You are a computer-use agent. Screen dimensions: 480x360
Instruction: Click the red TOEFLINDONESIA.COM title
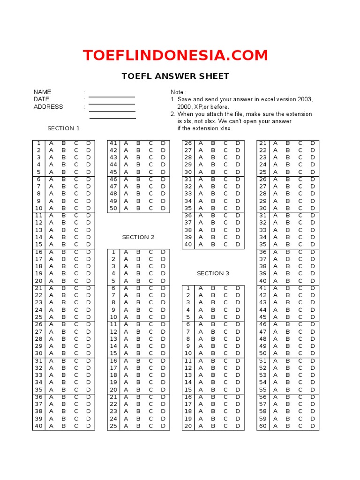(x=175, y=55)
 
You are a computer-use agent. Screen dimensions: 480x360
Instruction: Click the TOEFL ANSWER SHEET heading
(x=175, y=76)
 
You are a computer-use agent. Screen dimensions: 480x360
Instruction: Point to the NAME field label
(x=42, y=92)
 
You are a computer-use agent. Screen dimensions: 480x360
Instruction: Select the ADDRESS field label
(x=48, y=106)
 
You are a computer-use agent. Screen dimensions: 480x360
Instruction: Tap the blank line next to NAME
(x=112, y=96)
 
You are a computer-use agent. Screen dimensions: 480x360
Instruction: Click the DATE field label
(x=41, y=99)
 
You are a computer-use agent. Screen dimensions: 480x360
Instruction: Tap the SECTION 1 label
(x=63, y=128)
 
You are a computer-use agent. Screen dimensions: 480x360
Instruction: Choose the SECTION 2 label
(x=138, y=237)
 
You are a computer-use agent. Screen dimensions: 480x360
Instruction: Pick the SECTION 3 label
(x=213, y=273)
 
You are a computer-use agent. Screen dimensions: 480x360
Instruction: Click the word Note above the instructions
(x=178, y=92)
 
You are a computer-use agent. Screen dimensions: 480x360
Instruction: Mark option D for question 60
(x=313, y=426)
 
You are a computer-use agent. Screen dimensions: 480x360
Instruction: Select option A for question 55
(x=276, y=390)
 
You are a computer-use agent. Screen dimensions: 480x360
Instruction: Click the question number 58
(x=263, y=412)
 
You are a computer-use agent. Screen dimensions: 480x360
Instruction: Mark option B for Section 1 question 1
(x=63, y=143)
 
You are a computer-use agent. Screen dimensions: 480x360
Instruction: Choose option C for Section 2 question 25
(x=151, y=426)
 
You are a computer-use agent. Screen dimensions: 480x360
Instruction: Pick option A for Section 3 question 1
(x=201, y=288)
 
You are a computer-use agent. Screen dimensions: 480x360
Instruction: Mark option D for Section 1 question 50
(x=163, y=208)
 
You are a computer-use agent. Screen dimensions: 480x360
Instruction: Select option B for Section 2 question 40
(x=213, y=244)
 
